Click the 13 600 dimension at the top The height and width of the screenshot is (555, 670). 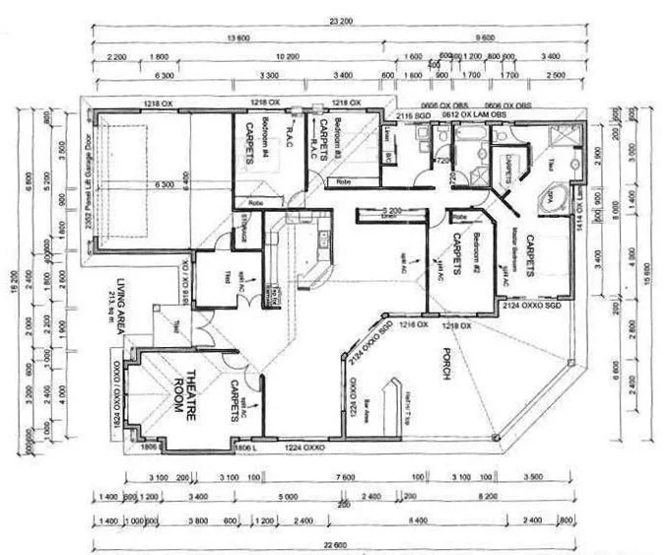point(236,39)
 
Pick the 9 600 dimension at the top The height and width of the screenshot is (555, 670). point(484,39)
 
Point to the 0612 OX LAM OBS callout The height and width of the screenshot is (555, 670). point(473,115)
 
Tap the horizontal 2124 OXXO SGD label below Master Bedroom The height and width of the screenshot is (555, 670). point(531,308)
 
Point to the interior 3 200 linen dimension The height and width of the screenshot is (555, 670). point(388,211)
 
